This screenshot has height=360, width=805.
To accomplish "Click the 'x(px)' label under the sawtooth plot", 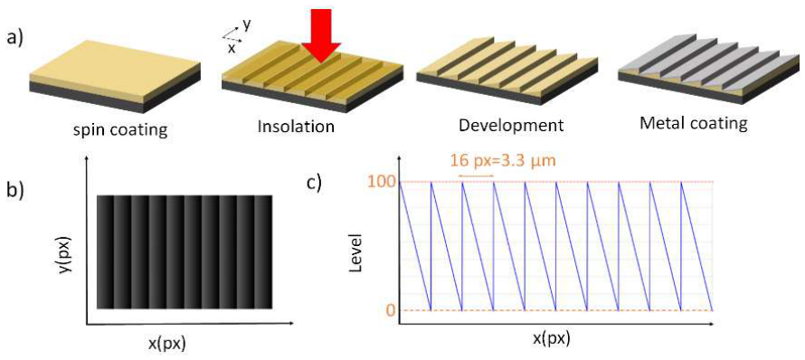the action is pos(553,340).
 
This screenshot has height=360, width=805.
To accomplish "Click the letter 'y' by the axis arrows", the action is pos(247,25).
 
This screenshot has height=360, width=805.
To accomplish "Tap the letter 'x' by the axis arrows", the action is pos(232,48).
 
